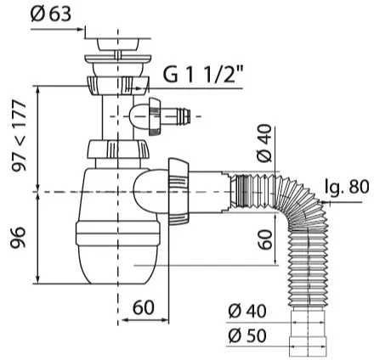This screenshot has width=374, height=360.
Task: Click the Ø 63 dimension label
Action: click(x=51, y=14)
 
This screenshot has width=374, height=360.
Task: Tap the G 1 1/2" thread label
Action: click(x=203, y=73)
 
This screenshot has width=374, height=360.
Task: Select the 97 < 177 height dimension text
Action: click(x=20, y=135)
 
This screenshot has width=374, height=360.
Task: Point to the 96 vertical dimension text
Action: click(x=18, y=237)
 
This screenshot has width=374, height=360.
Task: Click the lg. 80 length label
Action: click(x=348, y=187)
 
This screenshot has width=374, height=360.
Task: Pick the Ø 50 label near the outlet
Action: click(x=247, y=335)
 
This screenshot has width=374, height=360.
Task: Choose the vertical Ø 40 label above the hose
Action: click(x=264, y=143)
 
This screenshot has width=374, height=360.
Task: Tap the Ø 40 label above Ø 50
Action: click(x=247, y=311)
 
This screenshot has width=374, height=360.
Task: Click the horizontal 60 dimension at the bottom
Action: click(x=144, y=307)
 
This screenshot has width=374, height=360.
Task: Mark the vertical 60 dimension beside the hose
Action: click(x=266, y=239)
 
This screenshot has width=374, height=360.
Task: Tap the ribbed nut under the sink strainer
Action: click(x=116, y=85)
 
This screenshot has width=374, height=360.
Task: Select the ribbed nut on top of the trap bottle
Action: click(x=117, y=149)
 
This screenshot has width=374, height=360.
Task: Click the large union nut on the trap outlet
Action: click(x=178, y=191)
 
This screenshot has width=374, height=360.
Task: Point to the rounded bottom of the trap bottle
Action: click(x=117, y=267)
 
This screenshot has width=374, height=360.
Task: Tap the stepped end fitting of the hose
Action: click(x=308, y=334)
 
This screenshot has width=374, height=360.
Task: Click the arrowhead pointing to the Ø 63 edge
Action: click(x=81, y=29)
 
